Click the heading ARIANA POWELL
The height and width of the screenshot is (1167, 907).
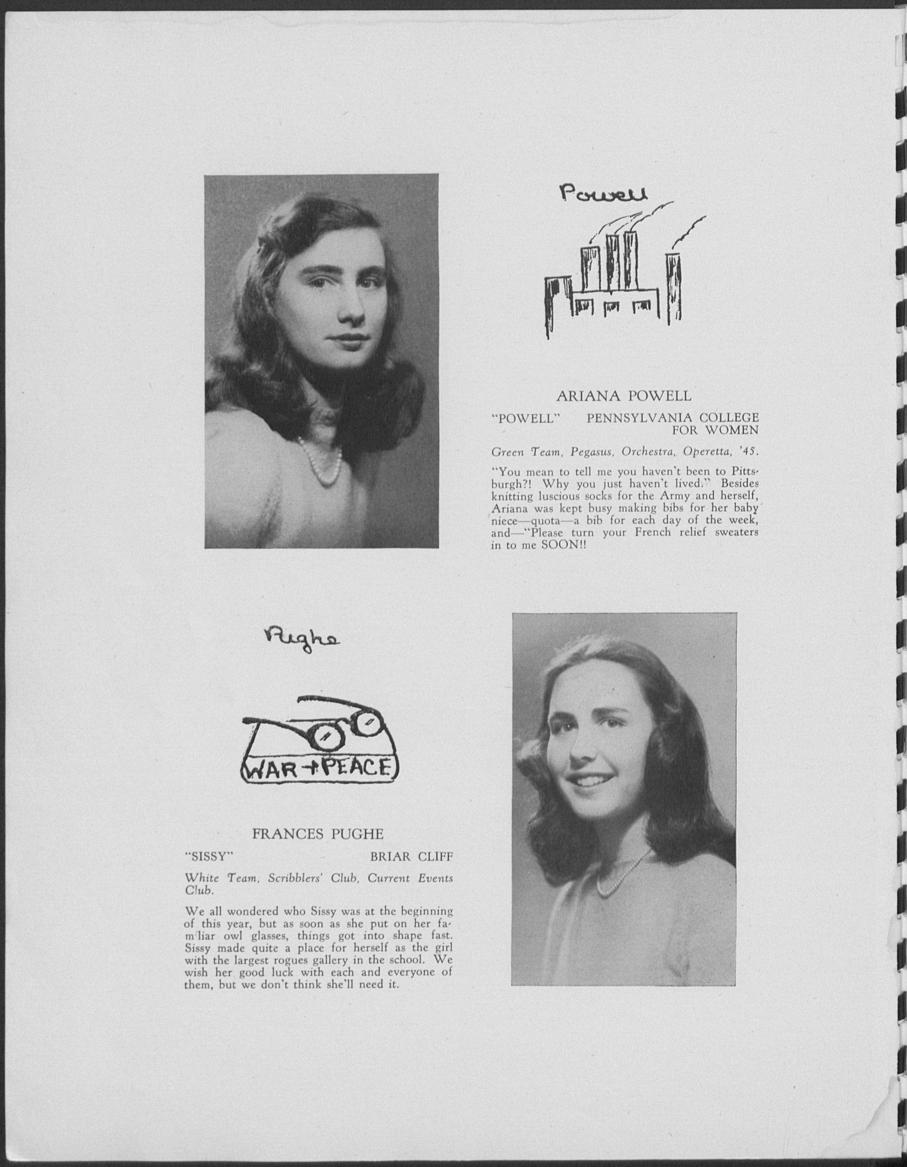pos(624,396)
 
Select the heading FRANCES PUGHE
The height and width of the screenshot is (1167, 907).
pos(318,834)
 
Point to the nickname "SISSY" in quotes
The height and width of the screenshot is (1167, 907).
pos(209,857)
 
